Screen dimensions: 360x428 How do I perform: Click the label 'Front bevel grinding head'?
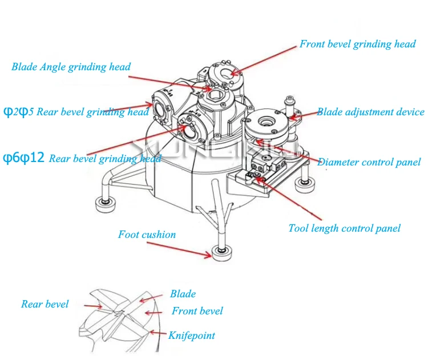pos(357,45)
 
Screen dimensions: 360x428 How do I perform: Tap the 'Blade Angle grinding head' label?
pos(71,67)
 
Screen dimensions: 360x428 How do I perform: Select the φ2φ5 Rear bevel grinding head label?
pos(76,112)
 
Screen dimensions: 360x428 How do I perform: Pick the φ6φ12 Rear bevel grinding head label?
pos(82,158)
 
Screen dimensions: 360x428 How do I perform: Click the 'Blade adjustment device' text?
pos(370,112)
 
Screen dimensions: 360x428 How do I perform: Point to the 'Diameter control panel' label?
pos(369,162)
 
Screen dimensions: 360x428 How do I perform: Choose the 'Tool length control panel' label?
pos(344,228)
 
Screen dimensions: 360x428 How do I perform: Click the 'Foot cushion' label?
pos(147,234)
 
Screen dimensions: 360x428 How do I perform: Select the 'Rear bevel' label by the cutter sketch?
pos(45,304)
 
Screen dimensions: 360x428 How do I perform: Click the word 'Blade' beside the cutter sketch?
pos(183,294)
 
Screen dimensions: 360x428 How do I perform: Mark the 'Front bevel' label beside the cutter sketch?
pos(197,311)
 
